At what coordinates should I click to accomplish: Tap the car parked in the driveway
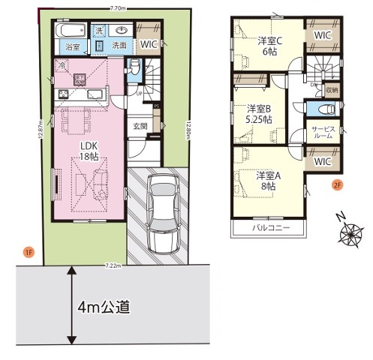click(x=161, y=212)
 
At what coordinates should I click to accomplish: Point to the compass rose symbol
click(x=350, y=234)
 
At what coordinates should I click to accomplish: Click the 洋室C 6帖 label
click(x=269, y=45)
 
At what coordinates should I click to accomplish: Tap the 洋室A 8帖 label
click(x=267, y=180)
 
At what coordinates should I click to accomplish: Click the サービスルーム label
click(x=323, y=133)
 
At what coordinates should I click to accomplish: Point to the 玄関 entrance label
click(x=140, y=126)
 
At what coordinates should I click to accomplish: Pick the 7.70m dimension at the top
click(x=116, y=8)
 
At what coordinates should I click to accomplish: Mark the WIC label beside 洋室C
click(x=323, y=35)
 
